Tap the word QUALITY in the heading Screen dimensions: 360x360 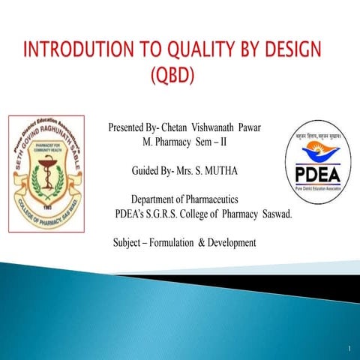[x=202, y=51]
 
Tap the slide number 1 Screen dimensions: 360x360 [x=349, y=349]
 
